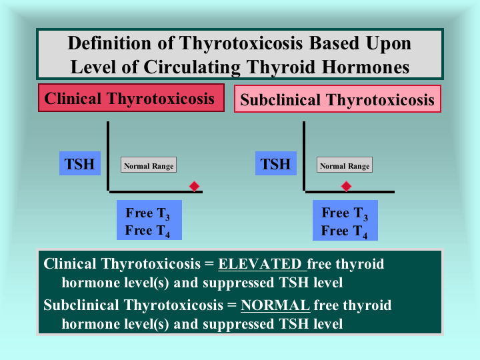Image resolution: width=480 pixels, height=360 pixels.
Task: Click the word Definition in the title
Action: (109, 43)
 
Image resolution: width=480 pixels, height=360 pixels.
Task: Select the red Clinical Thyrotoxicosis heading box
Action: (131, 98)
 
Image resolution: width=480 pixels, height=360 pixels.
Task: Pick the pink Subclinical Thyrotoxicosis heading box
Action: (337, 99)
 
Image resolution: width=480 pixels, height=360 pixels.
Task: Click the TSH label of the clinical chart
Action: (80, 163)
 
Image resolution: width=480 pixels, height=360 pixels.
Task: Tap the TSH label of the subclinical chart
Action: (276, 163)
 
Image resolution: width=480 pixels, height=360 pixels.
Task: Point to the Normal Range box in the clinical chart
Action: (149, 165)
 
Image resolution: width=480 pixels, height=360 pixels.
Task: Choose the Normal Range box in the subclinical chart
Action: (345, 165)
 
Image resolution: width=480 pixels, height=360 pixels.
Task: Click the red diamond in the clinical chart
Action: (194, 186)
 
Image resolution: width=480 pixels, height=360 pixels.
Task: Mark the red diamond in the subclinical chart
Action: (346, 186)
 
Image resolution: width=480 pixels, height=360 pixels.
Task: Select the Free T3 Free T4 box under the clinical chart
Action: (149, 220)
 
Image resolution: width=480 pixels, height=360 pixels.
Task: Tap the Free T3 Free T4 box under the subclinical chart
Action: (345, 220)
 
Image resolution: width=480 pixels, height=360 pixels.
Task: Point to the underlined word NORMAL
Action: (275, 305)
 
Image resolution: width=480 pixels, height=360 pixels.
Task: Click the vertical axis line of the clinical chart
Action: (108, 156)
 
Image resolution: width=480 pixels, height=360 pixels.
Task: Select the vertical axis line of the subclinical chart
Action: (304, 156)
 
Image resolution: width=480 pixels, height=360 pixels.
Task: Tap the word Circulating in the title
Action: (192, 67)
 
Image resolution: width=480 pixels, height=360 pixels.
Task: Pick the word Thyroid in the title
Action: (281, 67)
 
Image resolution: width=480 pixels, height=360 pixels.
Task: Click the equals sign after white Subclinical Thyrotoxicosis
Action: (232, 305)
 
